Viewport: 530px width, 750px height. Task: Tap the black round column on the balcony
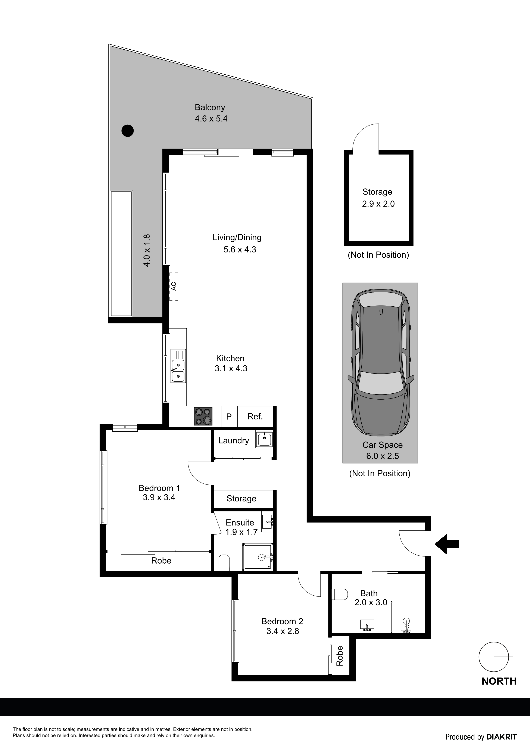point(127,131)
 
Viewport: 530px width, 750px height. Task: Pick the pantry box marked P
point(229,416)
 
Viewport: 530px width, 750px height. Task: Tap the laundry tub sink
point(264,439)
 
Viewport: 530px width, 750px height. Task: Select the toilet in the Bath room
point(339,594)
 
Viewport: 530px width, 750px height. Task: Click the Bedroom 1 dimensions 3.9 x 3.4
point(159,498)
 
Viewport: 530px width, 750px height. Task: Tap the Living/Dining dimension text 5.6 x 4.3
point(240,250)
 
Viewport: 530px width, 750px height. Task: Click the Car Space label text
point(382,445)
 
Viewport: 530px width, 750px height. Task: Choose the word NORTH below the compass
point(499,681)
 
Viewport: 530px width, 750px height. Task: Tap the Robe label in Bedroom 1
point(161,561)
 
